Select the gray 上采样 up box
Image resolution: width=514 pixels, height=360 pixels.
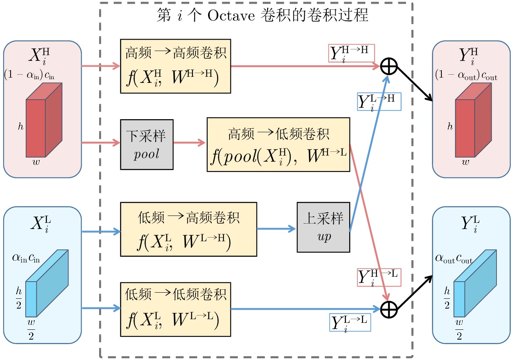coord(323,227)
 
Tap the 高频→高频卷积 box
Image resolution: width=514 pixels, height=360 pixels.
coord(175,66)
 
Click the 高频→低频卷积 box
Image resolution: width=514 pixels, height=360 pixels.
coord(278,144)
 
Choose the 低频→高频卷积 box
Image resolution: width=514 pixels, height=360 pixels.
coord(188,229)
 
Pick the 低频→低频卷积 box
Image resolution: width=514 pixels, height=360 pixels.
coord(175,309)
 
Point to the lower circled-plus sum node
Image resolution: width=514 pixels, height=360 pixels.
coord(389,309)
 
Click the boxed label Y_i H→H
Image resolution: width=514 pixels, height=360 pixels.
coord(351,53)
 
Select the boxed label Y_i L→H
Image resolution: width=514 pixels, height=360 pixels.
coord(379,102)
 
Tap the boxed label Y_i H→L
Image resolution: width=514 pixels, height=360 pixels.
coord(379,277)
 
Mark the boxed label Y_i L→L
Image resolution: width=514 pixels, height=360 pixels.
coord(350,321)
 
